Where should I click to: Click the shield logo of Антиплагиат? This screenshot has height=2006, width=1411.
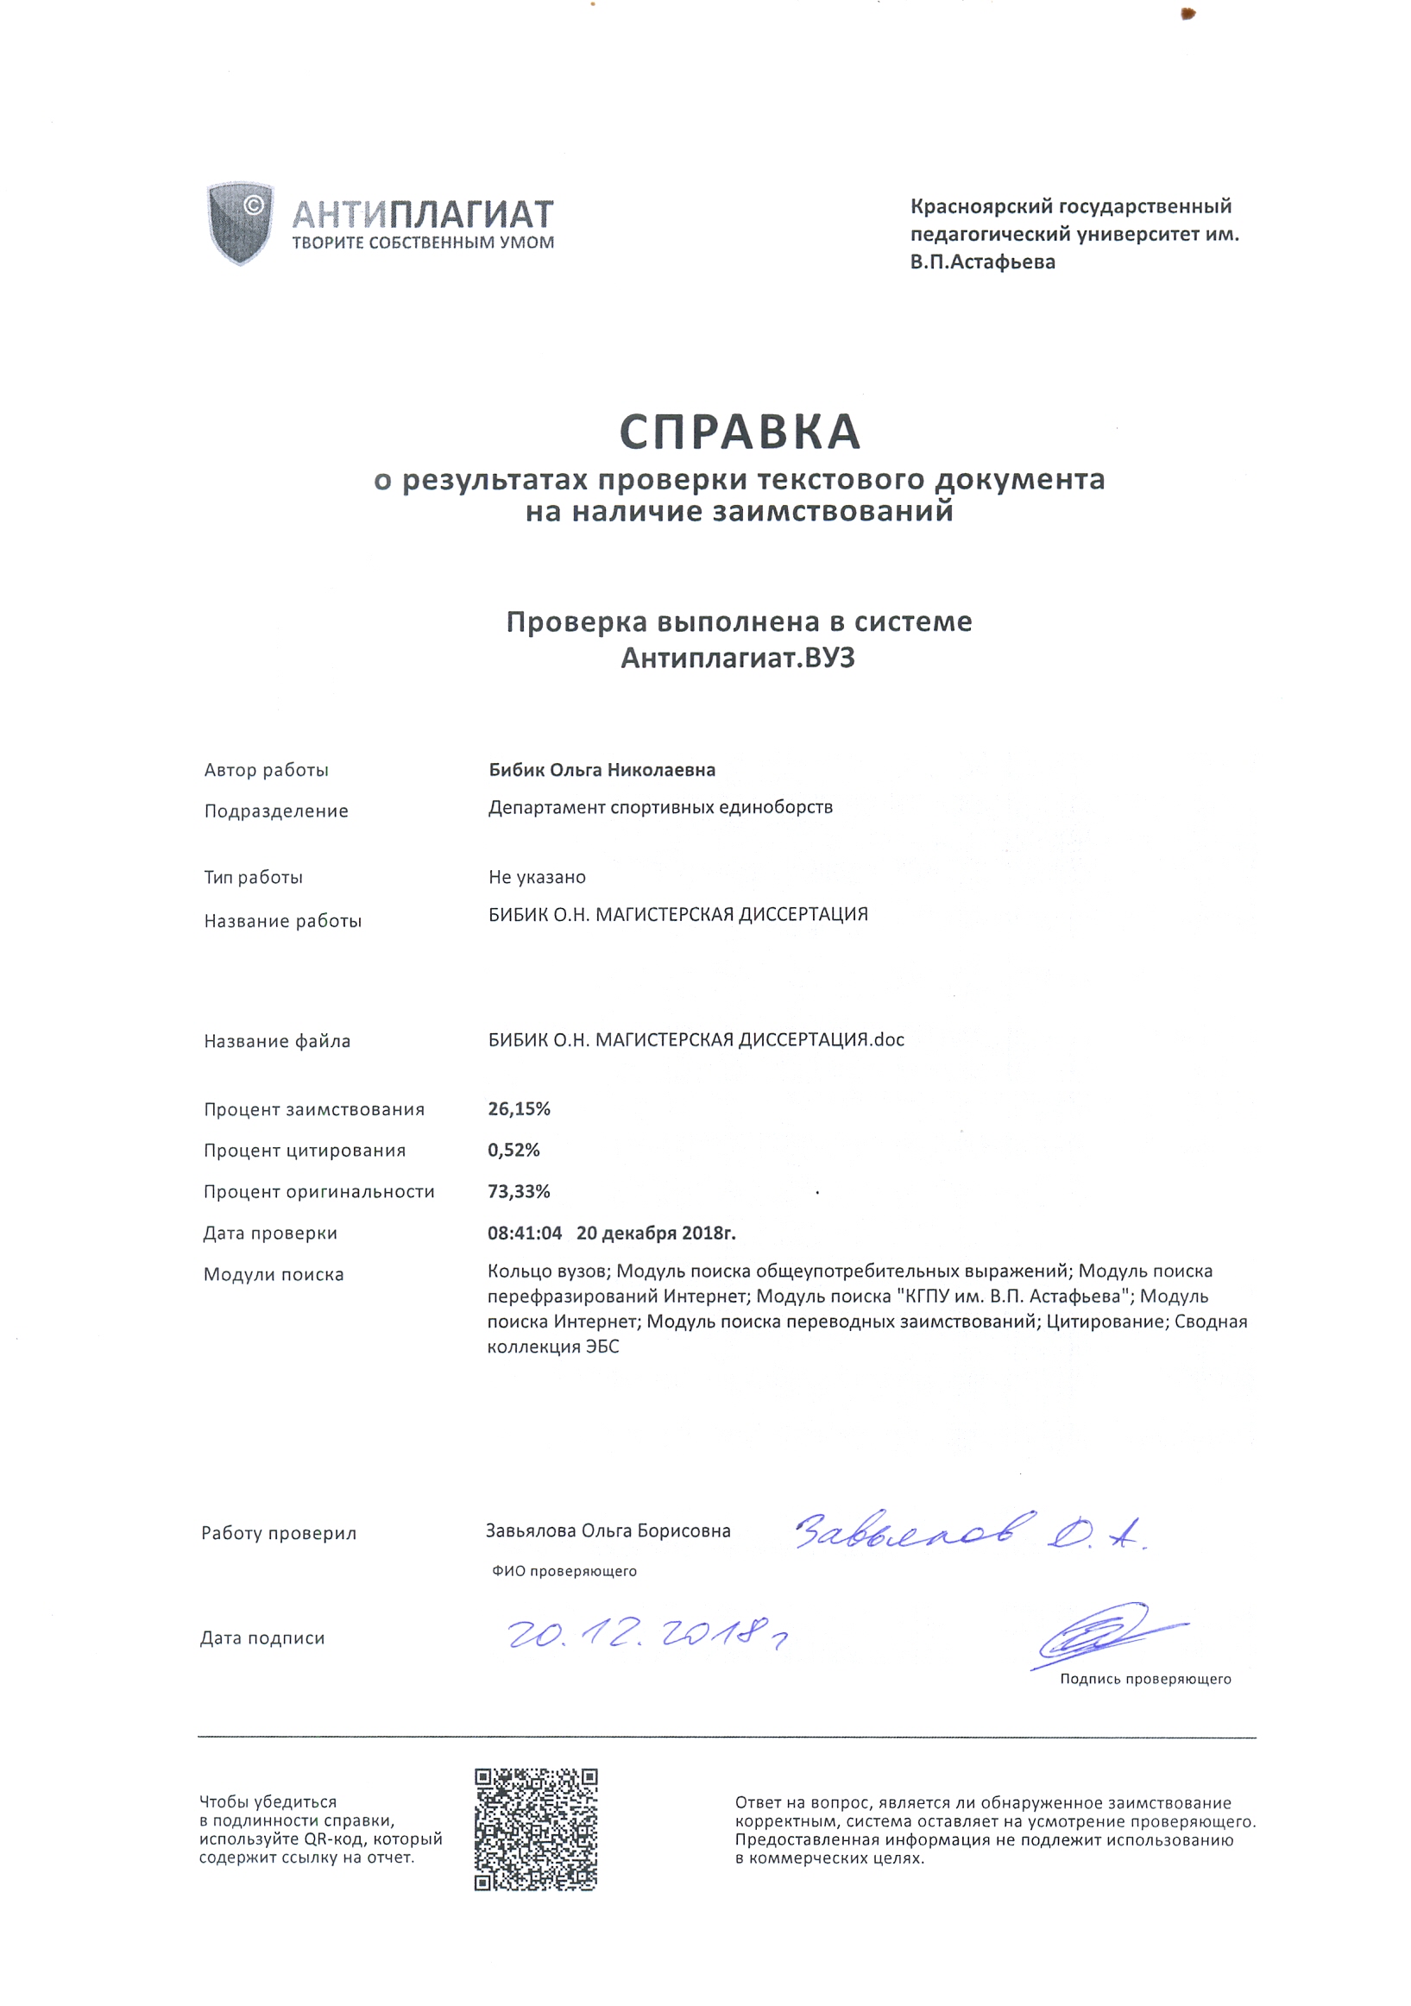(239, 222)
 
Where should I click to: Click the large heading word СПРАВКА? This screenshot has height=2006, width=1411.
(740, 432)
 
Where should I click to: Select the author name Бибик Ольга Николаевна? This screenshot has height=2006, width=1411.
(602, 770)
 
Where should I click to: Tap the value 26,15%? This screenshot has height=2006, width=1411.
(519, 1108)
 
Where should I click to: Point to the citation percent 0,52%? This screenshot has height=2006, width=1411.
(513, 1150)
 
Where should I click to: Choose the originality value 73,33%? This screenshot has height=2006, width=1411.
(519, 1191)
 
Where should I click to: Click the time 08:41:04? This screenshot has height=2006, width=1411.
(524, 1233)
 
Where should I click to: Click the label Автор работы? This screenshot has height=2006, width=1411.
(267, 770)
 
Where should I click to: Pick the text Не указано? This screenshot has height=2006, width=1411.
(537, 876)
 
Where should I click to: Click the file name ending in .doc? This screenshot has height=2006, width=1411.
(696, 1040)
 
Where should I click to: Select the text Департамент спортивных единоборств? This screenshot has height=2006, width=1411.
(659, 807)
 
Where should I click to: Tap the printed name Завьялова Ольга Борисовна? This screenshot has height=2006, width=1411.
(608, 1530)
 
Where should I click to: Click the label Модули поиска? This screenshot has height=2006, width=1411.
(274, 1274)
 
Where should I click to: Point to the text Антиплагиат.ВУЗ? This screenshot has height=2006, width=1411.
(737, 658)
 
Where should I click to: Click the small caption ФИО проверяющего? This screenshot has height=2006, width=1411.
(564, 1571)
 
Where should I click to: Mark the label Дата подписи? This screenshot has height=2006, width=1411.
(262, 1638)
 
